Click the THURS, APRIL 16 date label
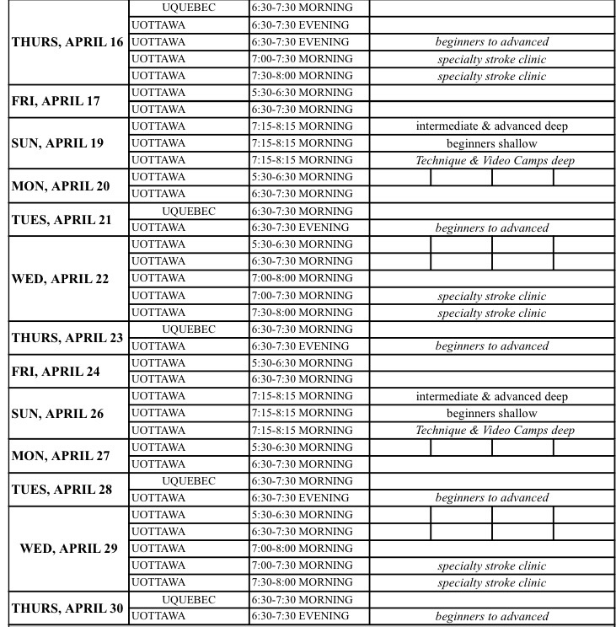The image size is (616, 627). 67,42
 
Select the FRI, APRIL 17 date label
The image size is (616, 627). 56,101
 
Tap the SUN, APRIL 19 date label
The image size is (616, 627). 57,143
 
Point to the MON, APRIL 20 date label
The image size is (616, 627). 61,185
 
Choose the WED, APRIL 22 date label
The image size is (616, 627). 60,279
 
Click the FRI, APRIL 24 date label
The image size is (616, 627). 56,372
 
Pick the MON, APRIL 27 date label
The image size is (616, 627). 61,456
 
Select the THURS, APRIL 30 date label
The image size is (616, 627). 67,608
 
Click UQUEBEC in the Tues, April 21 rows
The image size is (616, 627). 189,212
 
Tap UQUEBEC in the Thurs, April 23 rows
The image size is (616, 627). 189,330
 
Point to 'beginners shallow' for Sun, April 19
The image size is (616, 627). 491,143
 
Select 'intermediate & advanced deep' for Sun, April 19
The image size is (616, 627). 491,126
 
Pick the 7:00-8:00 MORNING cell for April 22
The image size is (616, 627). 302,278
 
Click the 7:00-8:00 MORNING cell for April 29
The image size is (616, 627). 302,549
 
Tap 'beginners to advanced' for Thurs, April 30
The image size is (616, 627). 491,617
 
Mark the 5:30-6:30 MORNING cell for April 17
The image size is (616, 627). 302,93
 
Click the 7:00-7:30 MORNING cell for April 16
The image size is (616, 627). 302,59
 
